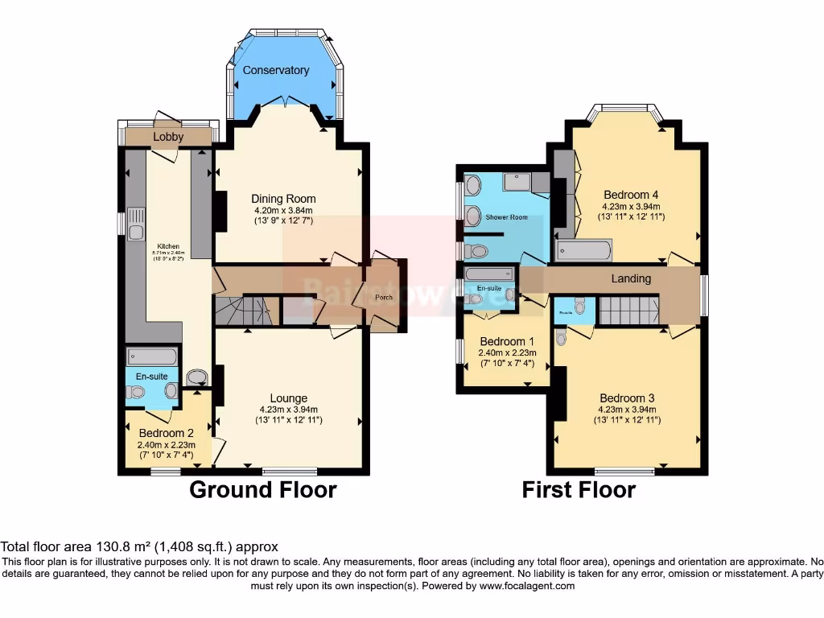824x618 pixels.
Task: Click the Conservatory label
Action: tap(276, 70)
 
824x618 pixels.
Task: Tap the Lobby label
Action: tap(168, 137)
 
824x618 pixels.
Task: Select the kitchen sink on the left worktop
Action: tap(136, 216)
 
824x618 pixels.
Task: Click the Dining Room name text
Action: tap(283, 199)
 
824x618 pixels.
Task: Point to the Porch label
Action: tap(385, 297)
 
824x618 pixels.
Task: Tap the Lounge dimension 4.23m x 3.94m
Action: tap(288, 409)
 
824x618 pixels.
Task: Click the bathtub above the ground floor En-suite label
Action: tap(152, 356)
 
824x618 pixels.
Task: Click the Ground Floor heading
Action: tap(262, 489)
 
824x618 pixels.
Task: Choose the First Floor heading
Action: tap(579, 489)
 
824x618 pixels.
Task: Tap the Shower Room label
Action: tap(507, 216)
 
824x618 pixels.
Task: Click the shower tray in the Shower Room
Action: tap(523, 182)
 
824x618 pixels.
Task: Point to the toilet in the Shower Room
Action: tap(477, 252)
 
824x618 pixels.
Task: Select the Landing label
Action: tap(630, 278)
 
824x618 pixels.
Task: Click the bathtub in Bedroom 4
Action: tap(584, 251)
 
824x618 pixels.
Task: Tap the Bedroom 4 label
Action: tap(632, 195)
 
